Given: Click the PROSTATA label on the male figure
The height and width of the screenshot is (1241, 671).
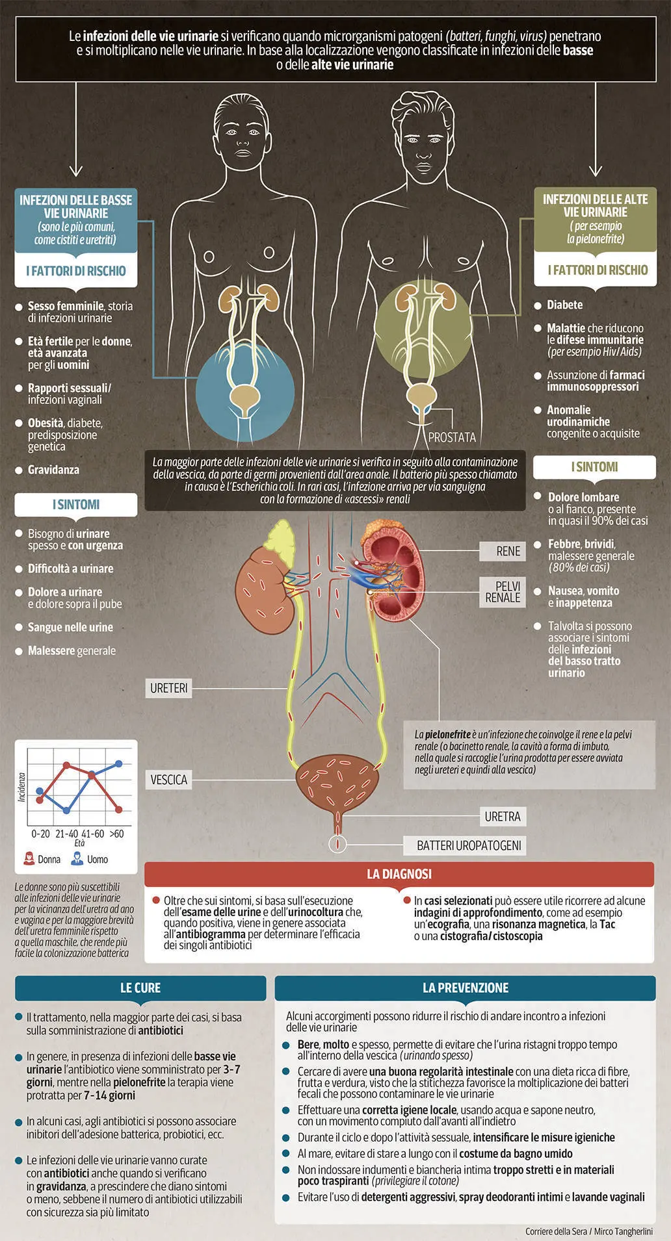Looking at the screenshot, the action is tap(452, 437).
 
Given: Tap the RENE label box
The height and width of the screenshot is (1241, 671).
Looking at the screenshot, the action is tap(508, 551).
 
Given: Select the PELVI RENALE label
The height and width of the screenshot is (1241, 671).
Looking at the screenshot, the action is tap(503, 592).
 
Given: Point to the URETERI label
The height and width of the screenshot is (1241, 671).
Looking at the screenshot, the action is tap(169, 688).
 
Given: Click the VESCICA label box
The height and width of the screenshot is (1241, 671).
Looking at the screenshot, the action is tap(169, 780).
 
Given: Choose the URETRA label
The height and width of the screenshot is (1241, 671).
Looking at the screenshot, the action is tap(503, 817).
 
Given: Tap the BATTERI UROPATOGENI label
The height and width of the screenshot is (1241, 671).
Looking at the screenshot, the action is tap(469, 846).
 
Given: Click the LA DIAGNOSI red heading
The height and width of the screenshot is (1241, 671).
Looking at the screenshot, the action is tap(399, 874).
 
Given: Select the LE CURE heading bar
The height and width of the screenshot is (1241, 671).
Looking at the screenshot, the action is tap(140, 988).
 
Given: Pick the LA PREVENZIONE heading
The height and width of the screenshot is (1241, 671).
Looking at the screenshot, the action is tap(466, 988).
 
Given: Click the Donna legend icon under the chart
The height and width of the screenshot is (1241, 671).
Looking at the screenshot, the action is tap(29, 859).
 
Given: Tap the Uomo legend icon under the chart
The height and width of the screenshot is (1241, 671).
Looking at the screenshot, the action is tap(77, 859).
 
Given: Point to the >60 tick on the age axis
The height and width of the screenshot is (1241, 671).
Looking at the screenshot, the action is tap(116, 834).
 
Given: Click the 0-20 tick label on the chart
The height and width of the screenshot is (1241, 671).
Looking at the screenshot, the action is tap(40, 834).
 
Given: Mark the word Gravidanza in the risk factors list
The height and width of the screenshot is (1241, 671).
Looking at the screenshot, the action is tap(53, 470).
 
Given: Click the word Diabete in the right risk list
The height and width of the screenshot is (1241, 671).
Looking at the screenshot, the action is tap(564, 305).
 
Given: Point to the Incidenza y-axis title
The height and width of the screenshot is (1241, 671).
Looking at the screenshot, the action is tap(21, 787).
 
